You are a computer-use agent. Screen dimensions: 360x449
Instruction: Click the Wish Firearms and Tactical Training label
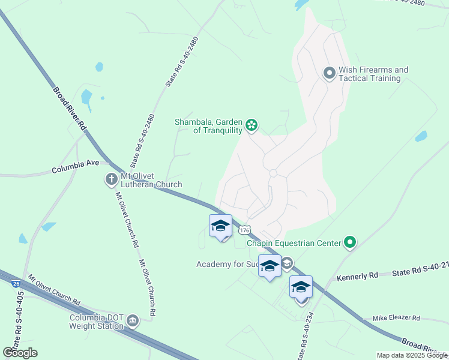[373, 74]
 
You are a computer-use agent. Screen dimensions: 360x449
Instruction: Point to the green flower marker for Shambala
[252, 125]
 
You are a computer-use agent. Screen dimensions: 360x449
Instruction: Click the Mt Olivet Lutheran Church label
[151, 181]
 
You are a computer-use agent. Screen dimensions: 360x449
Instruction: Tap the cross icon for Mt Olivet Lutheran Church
[111, 179]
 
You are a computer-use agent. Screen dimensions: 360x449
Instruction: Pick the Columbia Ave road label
[75, 170]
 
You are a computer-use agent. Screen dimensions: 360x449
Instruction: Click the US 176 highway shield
[244, 230]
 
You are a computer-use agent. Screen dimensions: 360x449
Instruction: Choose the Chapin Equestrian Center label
[294, 243]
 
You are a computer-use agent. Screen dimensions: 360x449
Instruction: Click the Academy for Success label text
[228, 264]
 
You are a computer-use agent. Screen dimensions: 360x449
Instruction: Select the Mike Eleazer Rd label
[396, 318]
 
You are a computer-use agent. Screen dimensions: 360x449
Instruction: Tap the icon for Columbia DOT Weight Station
[133, 322]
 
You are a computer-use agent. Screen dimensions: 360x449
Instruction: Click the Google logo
[20, 353]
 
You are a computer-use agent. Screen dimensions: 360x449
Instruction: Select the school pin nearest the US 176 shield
[220, 227]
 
